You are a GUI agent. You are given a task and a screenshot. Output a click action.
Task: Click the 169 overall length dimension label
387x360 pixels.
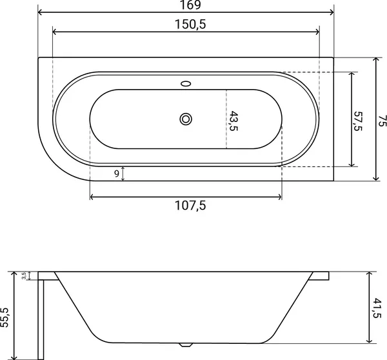click(190, 5)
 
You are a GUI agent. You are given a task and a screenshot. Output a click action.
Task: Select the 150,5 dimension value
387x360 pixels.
click(190, 25)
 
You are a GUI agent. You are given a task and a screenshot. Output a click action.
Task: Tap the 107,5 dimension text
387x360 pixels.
click(190, 205)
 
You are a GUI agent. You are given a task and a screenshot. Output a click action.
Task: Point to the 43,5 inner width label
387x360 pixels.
click(233, 121)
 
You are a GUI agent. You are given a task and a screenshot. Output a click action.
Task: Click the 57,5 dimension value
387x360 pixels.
click(357, 121)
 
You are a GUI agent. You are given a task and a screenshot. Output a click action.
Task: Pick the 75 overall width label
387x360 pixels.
click(382, 121)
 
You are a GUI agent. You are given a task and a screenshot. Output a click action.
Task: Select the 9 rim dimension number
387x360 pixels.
click(117, 174)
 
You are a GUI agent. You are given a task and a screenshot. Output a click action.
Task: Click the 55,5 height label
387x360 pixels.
click(5, 317)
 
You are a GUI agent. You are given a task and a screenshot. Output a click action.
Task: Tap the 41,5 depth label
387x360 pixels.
click(377, 308)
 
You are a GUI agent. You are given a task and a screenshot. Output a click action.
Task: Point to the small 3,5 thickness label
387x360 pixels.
click(24, 275)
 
